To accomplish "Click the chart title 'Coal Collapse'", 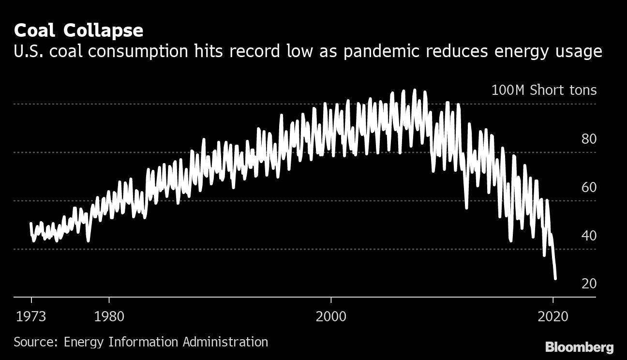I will click(x=78, y=31).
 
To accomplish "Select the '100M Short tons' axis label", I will click(x=544, y=90).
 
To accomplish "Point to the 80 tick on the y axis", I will click(x=589, y=139).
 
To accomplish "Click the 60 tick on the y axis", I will click(x=589, y=188).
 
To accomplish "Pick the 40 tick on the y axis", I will click(x=589, y=236).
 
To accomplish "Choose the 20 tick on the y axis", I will click(x=589, y=284).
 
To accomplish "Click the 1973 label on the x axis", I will click(x=31, y=317).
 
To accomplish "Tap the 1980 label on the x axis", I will click(x=109, y=317).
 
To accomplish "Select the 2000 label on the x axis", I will click(x=331, y=317).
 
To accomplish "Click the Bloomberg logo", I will click(x=579, y=347).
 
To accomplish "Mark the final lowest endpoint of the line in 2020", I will click(x=555, y=278).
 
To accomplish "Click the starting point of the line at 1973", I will click(x=31, y=224).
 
